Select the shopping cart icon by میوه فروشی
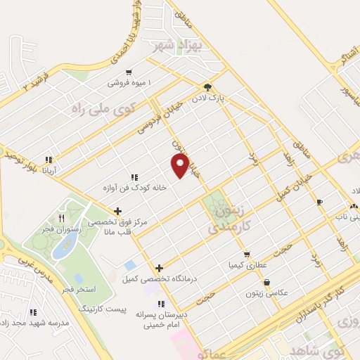pyautogui.click(x=129, y=72)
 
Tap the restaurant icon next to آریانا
pyautogui.click(x=49, y=159)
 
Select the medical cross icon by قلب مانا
pyautogui.click(x=117, y=211)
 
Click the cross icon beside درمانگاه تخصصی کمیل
pyautogui.click(x=160, y=268)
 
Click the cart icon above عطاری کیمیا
pyautogui.click(x=246, y=255)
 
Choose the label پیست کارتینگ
pyautogui.click(x=103, y=309)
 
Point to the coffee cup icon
pyautogui.click(x=319, y=202)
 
